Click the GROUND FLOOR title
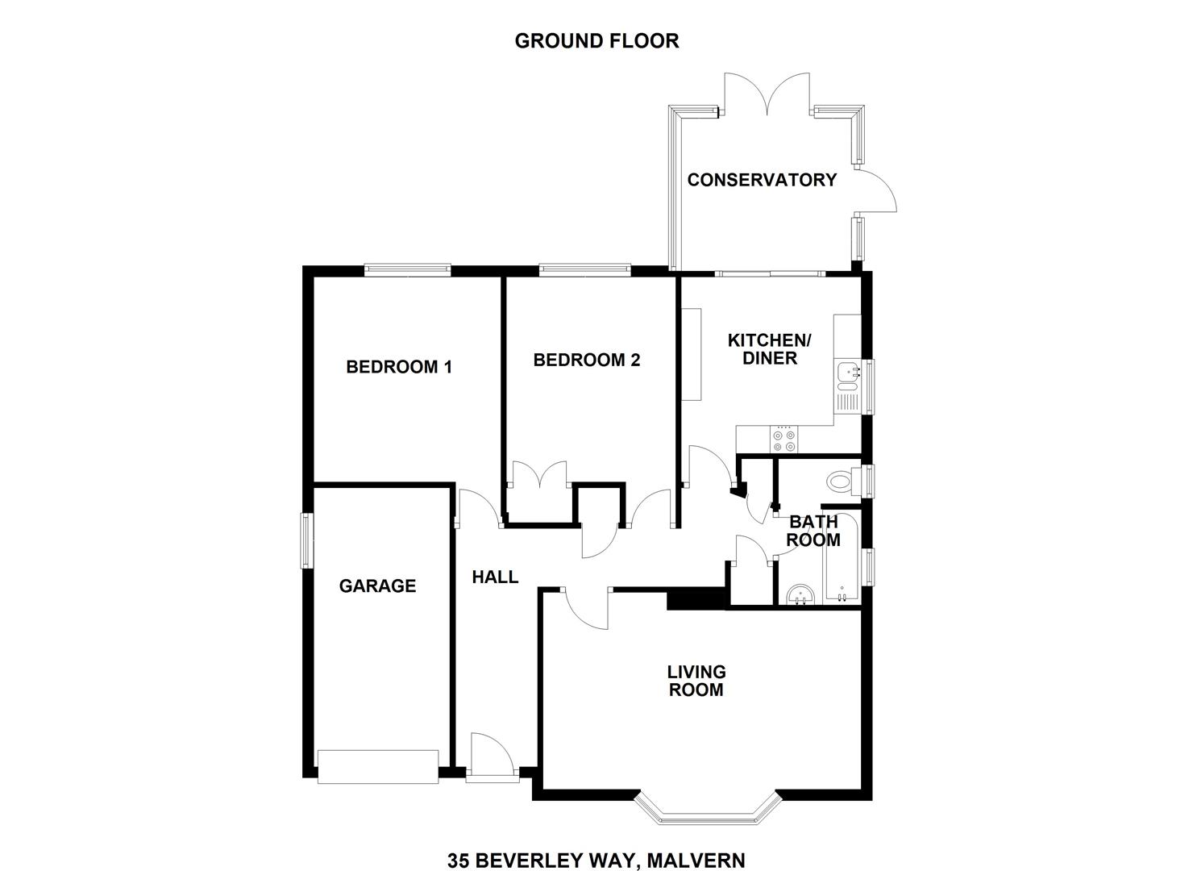pyautogui.click(x=596, y=41)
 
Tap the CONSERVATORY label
pyautogui.click(x=762, y=180)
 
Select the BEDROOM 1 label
pyautogui.click(x=399, y=367)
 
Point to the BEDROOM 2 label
pyautogui.click(x=586, y=360)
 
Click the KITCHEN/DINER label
pyautogui.click(x=770, y=349)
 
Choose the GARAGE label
pyautogui.click(x=377, y=586)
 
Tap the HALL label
pyautogui.click(x=495, y=577)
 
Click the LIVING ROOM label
pyautogui.click(x=696, y=681)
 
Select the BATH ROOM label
pyautogui.click(x=813, y=531)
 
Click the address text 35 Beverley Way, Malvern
pyautogui.click(x=596, y=846)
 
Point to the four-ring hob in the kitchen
pyautogui.click(x=784, y=440)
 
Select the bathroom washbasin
pyautogui.click(x=800, y=594)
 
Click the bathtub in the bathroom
pyautogui.click(x=842, y=556)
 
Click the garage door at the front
pyautogui.click(x=378, y=767)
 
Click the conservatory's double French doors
pyautogui.click(x=767, y=94)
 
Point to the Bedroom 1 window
pyautogui.click(x=407, y=270)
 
